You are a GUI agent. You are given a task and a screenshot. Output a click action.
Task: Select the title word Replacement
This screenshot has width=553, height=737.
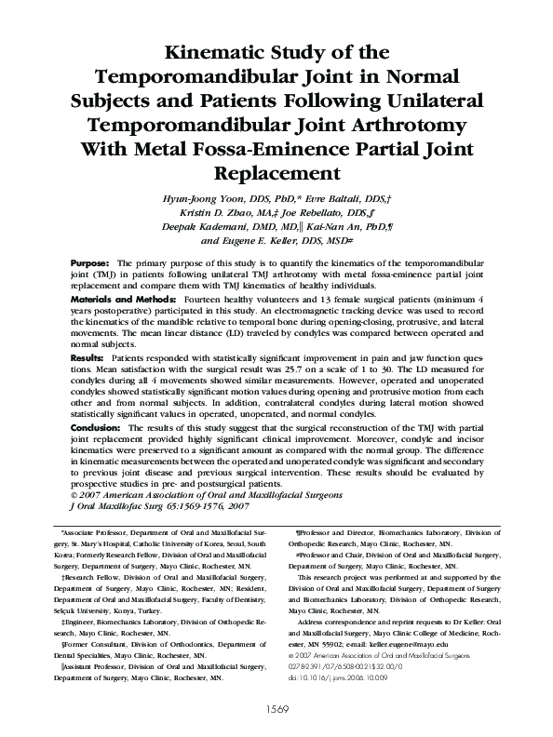tap(276, 173)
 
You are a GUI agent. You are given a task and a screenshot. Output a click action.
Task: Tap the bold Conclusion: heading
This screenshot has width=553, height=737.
tap(96, 426)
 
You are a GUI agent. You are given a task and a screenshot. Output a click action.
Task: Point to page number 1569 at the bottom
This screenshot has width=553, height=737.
tap(276, 709)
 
